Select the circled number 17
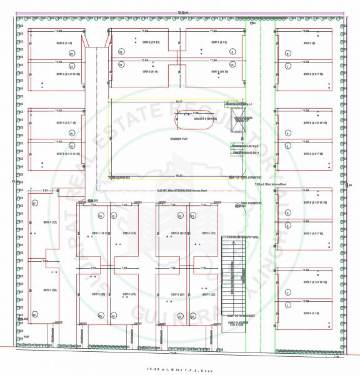36,203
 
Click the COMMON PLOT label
179,139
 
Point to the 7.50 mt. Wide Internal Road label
270,184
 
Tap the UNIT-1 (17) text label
50,222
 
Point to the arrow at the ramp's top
231,245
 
